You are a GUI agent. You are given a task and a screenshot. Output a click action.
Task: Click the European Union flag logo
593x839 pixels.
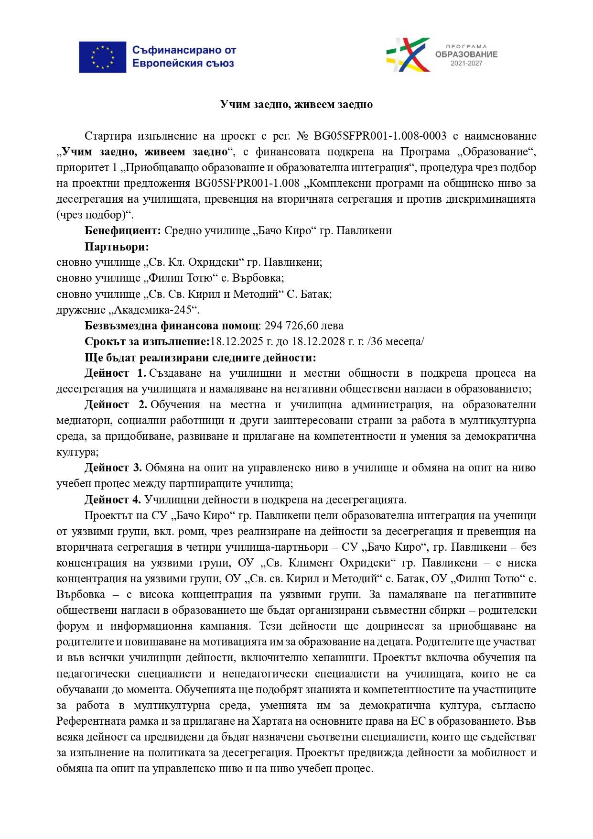[102, 57]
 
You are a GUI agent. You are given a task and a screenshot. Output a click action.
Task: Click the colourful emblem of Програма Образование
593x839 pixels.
[408, 54]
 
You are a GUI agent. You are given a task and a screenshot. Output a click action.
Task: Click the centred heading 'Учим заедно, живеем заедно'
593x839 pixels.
[296, 104]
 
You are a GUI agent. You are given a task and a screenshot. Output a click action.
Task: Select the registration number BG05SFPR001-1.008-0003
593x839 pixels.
[380, 136]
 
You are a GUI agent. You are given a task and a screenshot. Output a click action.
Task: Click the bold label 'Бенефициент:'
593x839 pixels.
[123, 231]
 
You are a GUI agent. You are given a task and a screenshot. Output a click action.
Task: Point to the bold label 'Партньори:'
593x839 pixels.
[117, 247]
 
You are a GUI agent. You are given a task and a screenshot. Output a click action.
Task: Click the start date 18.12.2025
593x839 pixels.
[234, 342]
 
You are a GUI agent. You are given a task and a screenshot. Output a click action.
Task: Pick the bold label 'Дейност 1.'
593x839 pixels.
[115, 373]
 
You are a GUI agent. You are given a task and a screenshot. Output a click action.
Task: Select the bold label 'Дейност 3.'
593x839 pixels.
[113, 468]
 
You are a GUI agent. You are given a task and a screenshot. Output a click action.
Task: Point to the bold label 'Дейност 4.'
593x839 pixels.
[113, 500]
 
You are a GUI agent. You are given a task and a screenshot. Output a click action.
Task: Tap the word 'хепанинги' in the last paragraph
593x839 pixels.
[344, 658]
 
